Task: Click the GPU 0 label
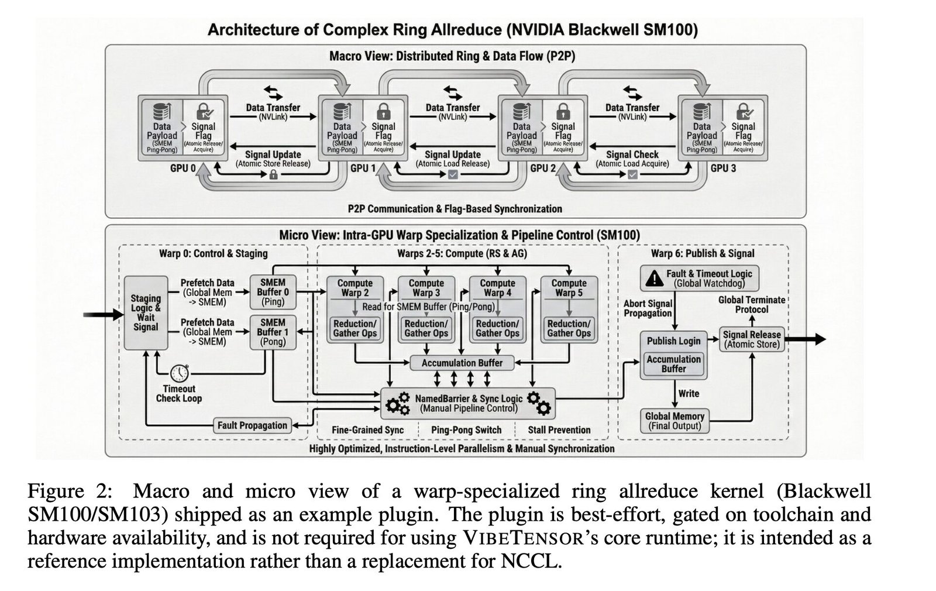tap(183, 169)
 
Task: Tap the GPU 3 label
tap(722, 169)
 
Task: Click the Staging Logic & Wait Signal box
tap(146, 312)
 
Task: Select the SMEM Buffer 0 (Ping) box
tap(273, 292)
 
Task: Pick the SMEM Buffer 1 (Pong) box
tap(273, 332)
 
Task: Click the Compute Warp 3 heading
tap(426, 287)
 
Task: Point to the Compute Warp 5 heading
tap(569, 287)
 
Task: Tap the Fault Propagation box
tap(252, 425)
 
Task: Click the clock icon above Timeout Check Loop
tap(180, 373)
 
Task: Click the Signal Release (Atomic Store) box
tap(752, 339)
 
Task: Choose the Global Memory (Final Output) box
tap(674, 421)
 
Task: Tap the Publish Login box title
tap(673, 341)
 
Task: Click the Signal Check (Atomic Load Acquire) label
tap(632, 159)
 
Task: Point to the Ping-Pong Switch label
tap(466, 430)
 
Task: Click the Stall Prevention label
tap(559, 430)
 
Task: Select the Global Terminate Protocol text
tap(752, 304)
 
